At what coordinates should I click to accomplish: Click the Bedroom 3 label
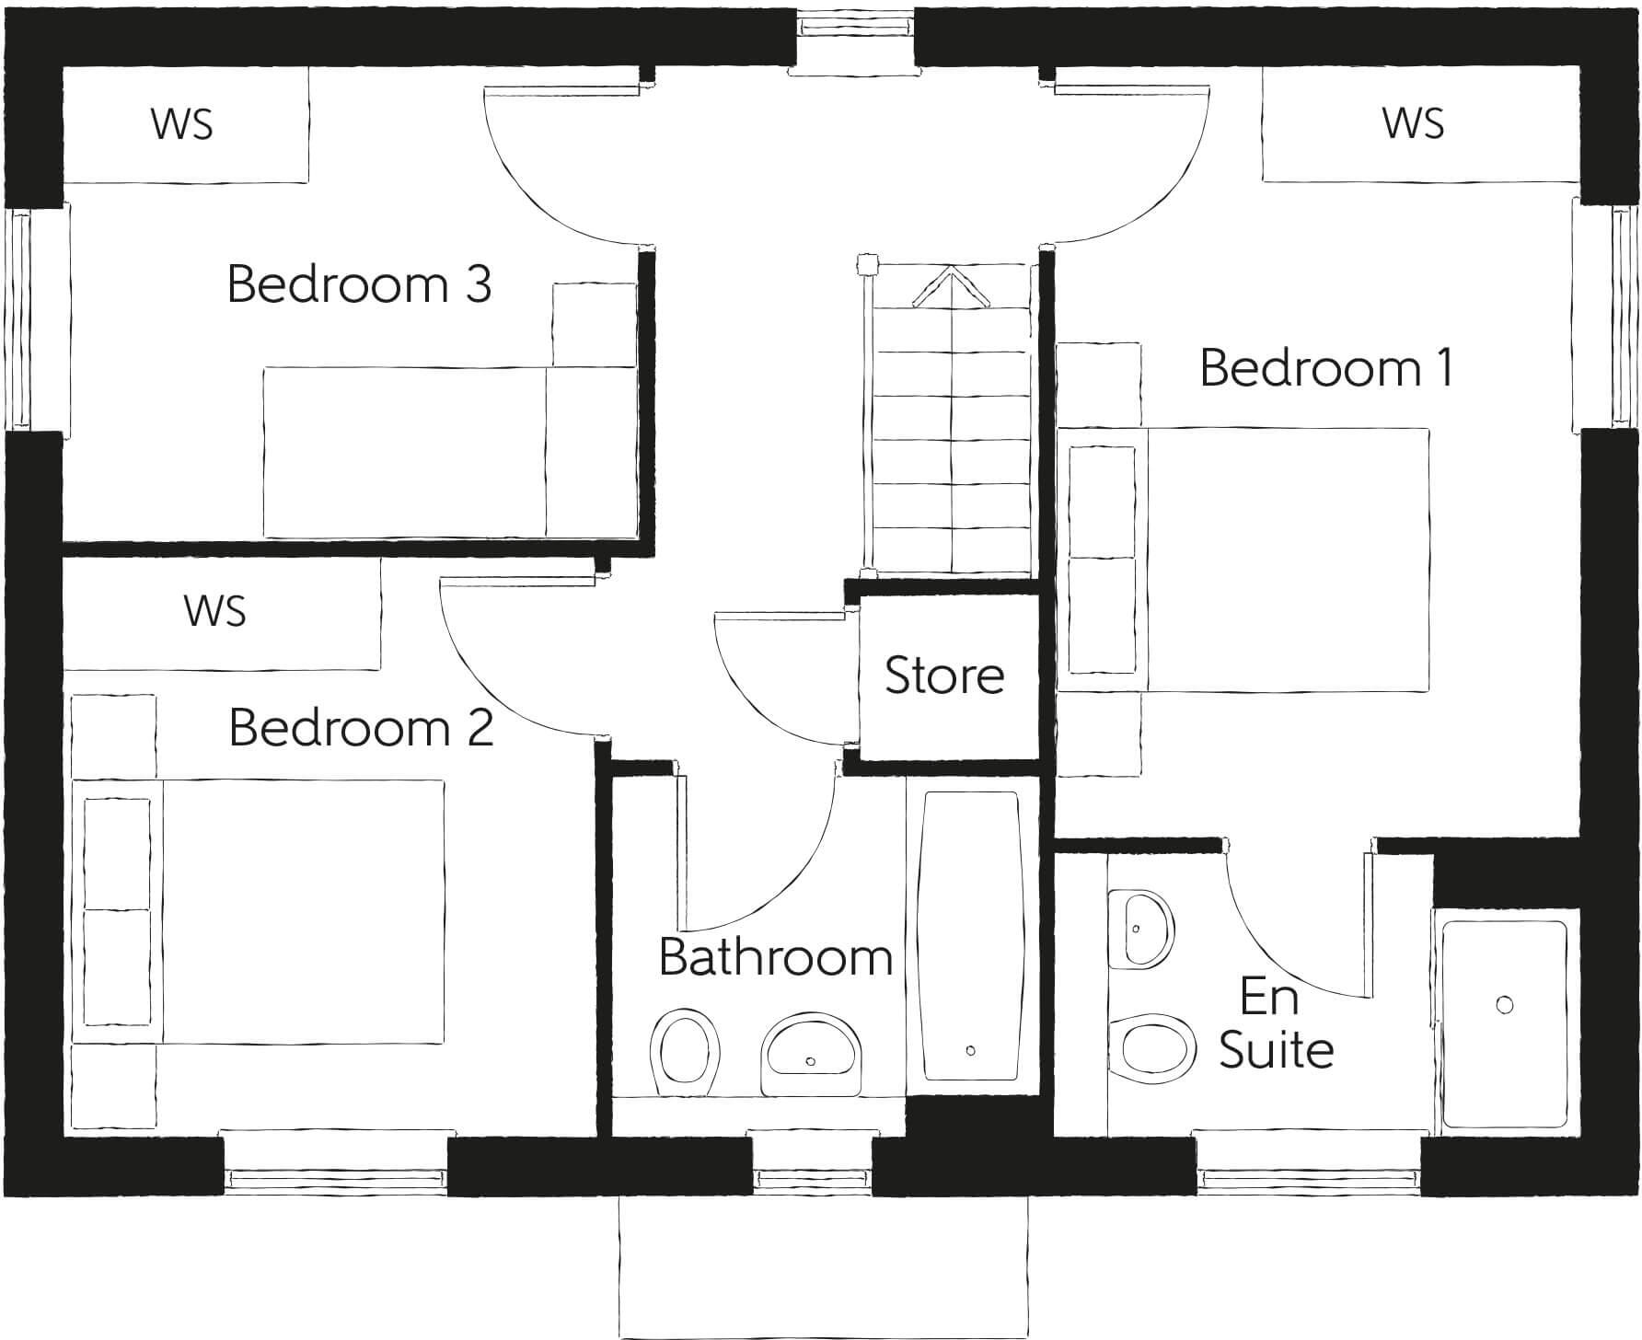(359, 284)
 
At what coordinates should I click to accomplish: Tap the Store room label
(944, 676)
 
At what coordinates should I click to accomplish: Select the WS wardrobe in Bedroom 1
(1413, 123)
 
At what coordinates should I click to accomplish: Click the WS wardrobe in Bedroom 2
(214, 611)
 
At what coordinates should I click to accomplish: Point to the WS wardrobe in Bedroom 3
(182, 123)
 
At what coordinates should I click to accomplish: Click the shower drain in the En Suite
(1505, 1004)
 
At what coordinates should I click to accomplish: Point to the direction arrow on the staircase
(950, 286)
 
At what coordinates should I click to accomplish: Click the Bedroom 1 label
(1326, 368)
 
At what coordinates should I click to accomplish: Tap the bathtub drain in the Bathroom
(971, 1050)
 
